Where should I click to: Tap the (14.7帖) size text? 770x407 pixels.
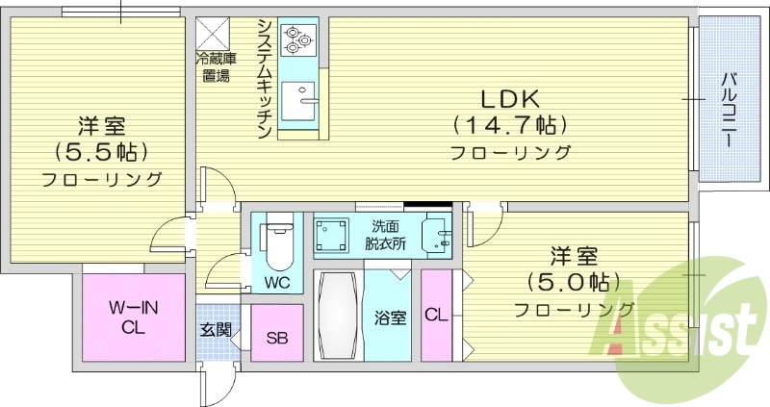point(509,124)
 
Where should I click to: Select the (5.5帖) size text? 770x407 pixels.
point(100,151)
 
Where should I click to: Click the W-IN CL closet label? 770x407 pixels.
point(134,318)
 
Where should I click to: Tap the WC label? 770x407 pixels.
point(277,283)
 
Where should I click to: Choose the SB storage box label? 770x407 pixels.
point(277,338)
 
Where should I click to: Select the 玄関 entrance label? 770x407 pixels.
point(216,329)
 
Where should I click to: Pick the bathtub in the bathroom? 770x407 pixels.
point(338,318)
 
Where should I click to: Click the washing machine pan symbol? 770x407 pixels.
point(334,236)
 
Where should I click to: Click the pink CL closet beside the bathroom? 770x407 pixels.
point(436,315)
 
